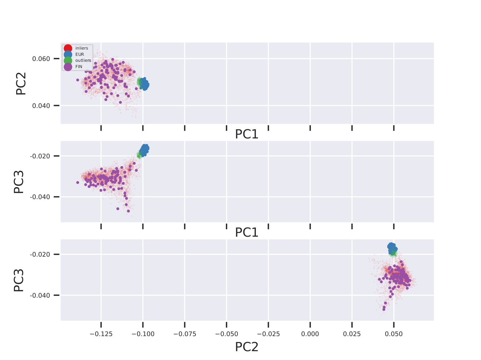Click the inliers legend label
coord(82,48)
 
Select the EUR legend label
coord(80,54)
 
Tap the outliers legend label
coord(83,60)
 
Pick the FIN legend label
coord(79,67)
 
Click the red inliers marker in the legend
coord(68,48)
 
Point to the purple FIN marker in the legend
coord(68,67)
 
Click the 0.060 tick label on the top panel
coord(41,59)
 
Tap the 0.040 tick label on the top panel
coord(41,106)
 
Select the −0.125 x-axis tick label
coord(101,334)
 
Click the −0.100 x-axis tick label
coord(143,334)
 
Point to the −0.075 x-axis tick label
coord(185,334)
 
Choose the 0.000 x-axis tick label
coord(310,334)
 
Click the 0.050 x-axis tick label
coord(394,334)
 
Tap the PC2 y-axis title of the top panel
coord(21,83)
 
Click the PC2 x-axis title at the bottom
coord(247,347)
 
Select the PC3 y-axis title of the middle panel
coord(19,182)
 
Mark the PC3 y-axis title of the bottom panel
coord(19,280)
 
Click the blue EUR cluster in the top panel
coord(144,84)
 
